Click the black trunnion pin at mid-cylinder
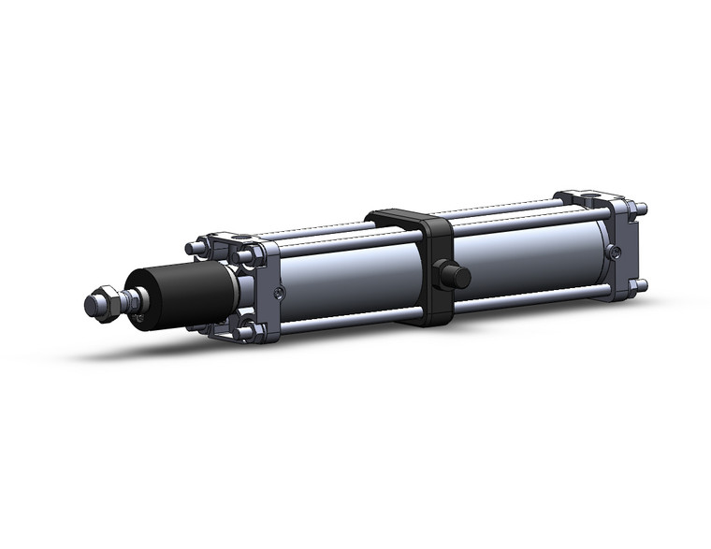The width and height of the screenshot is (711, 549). click(x=456, y=277)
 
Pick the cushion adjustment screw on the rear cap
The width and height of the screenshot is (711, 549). click(x=614, y=252)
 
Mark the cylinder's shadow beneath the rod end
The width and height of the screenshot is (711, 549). click(x=140, y=351)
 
